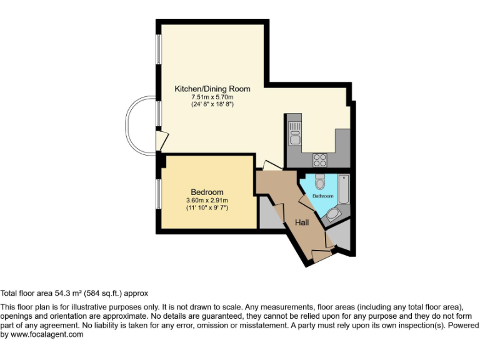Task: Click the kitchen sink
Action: tap(295, 132)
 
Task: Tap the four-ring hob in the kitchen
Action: tap(320, 159)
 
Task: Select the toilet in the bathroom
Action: tap(320, 182)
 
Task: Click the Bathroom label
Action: tap(323, 196)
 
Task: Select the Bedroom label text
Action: tap(207, 192)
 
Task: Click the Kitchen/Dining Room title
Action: tap(212, 89)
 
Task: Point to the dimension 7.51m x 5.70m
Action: tap(212, 97)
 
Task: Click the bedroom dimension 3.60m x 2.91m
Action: tap(207, 200)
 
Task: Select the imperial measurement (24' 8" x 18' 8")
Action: tap(212, 105)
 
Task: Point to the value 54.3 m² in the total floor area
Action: tap(62, 292)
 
